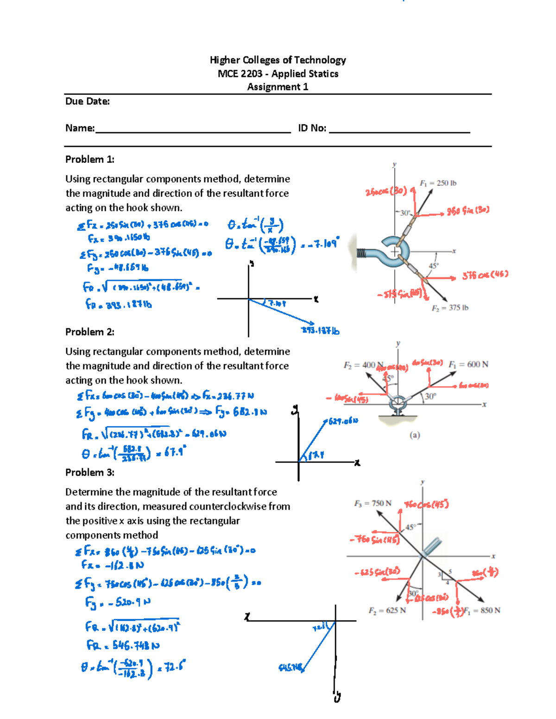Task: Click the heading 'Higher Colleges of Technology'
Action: [278, 60]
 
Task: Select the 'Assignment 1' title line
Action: [278, 87]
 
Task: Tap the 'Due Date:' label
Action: [88, 101]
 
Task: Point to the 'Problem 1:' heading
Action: [90, 159]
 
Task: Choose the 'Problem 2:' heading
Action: [90, 332]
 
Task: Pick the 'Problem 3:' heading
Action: [90, 472]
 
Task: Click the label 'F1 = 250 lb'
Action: [438, 183]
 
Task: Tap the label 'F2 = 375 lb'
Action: [450, 308]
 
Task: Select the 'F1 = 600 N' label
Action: [468, 364]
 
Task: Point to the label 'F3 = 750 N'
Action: [373, 503]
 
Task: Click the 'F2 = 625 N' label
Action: [387, 610]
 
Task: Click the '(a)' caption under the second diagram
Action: [415, 435]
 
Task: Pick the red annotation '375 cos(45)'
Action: [485, 275]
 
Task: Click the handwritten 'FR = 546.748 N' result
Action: [123, 645]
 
